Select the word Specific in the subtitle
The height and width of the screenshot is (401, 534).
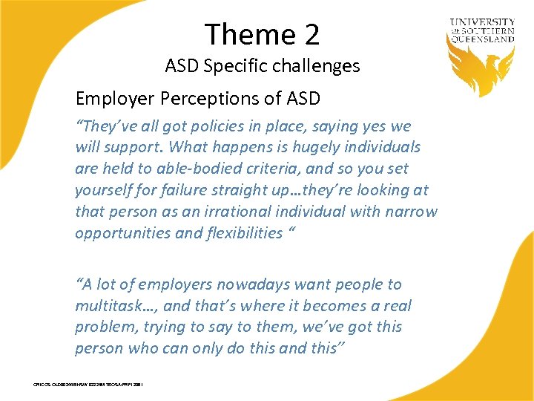pyautogui.click(x=231, y=66)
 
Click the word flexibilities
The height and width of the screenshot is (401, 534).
pyautogui.click(x=233, y=233)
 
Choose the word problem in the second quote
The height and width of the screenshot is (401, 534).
pyautogui.click(x=103, y=327)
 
